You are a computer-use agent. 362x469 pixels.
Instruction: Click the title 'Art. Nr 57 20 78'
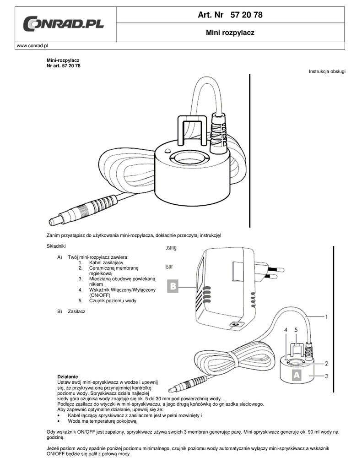230,15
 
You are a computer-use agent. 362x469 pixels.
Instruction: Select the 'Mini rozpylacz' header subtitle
230,33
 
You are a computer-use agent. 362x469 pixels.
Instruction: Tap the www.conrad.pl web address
32,46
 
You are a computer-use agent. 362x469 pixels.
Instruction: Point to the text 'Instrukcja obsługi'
327,72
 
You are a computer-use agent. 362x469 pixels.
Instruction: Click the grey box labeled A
296,375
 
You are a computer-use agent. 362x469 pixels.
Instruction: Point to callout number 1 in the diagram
326,316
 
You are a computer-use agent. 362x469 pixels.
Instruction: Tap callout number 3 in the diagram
326,376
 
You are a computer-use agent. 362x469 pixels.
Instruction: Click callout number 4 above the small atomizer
285,329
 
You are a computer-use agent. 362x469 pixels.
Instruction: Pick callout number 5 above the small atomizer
296,329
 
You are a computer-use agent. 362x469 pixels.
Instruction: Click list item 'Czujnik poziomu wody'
113,300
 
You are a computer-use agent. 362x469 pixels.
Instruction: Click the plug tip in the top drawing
54,221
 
